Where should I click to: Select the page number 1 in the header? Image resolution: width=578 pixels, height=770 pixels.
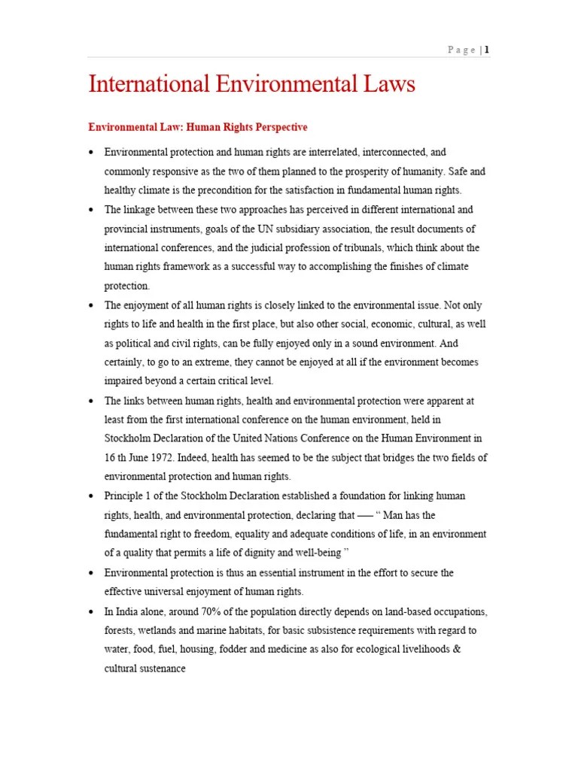click(487, 50)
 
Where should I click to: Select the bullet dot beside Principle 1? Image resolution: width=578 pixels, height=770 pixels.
click(91, 497)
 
